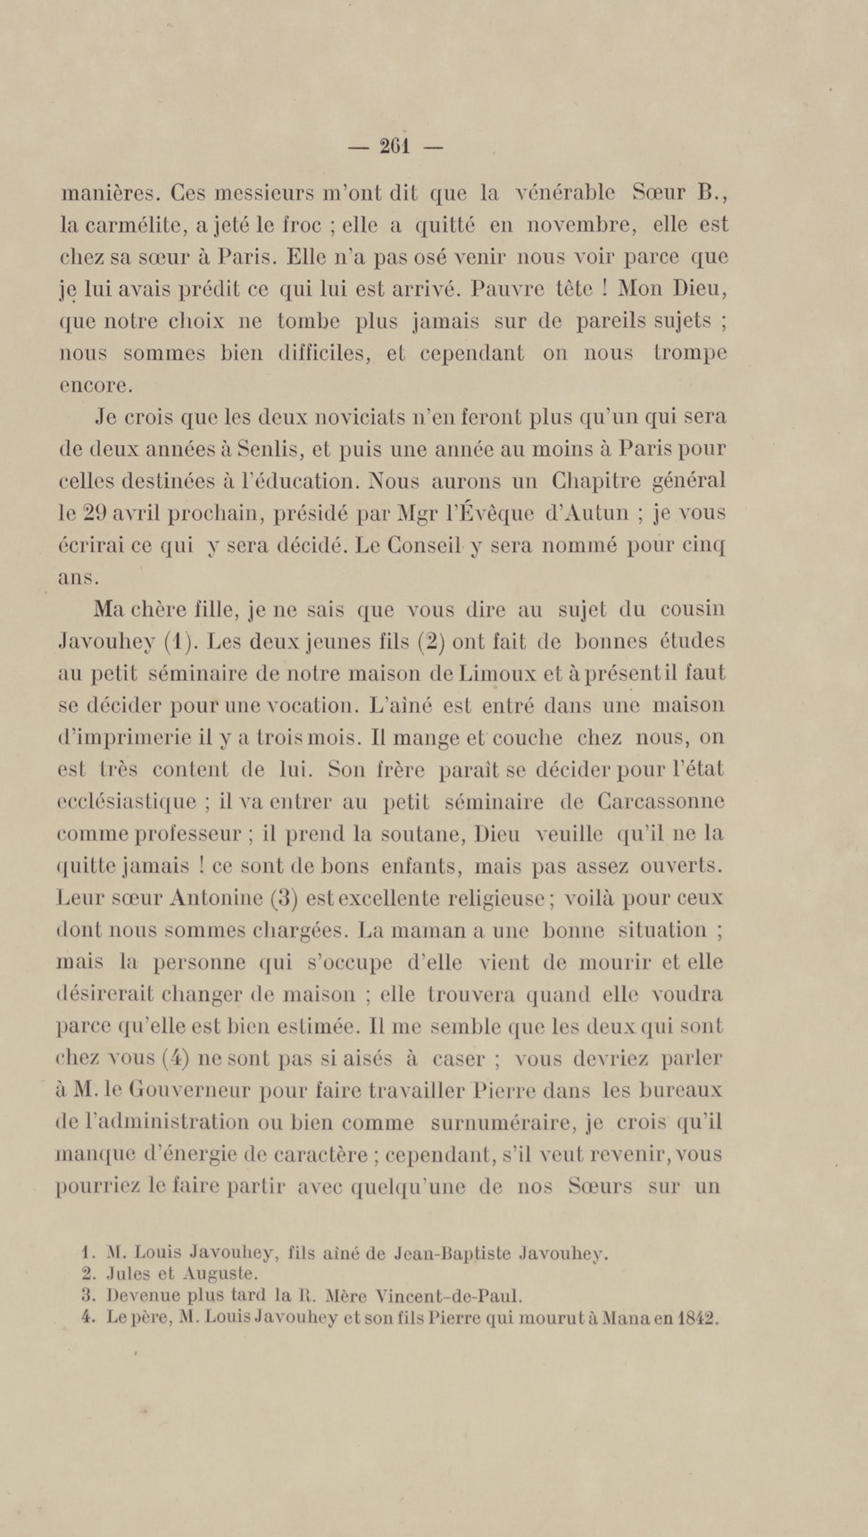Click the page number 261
point(395,146)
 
